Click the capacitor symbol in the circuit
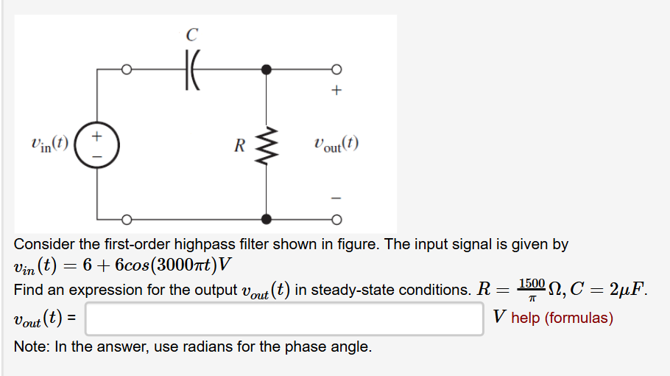193,70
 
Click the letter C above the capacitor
192,34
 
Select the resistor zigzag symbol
266,145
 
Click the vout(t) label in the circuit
336,145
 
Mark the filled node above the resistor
266,69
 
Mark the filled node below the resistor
266,219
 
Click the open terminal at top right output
336,70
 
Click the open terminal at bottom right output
336,219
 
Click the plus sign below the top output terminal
336,91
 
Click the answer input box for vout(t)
284,318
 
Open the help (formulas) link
562,318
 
